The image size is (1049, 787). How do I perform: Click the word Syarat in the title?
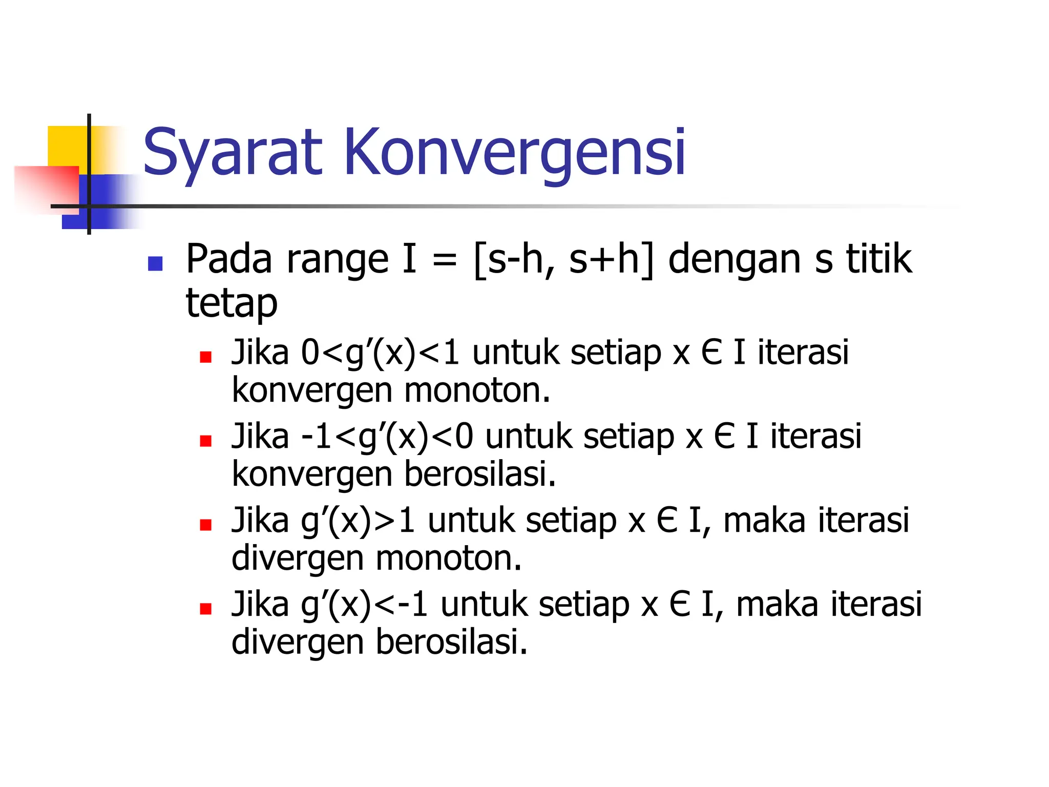click(232, 152)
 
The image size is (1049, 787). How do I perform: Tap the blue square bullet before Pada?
click(155, 263)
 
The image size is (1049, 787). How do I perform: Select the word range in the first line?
click(338, 260)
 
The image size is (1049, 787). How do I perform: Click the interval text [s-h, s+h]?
click(563, 260)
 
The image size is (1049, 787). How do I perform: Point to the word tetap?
click(232, 304)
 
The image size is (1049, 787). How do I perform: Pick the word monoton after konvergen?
click(476, 390)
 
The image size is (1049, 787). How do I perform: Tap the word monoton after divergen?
click(448, 558)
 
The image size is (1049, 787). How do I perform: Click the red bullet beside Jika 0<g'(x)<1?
click(206, 357)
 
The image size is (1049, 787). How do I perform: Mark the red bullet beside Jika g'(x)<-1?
click(206, 609)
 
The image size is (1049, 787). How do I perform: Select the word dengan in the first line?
click(735, 260)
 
